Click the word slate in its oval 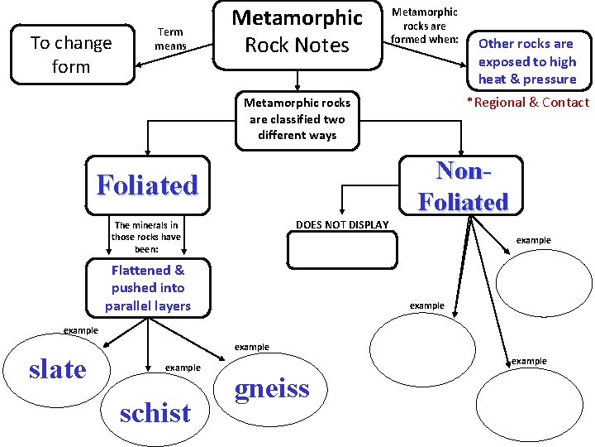57,369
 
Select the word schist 155,412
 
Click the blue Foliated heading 147,184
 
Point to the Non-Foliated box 462,185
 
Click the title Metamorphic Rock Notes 297,31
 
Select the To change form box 70,55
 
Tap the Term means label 171,39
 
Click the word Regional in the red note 498,103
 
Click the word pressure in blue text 549,79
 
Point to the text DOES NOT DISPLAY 341,225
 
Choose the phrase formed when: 425,39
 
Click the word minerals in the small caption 157,225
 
